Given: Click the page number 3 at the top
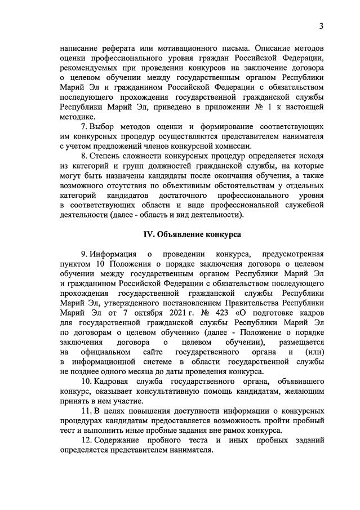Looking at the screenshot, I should (x=320, y=26).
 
